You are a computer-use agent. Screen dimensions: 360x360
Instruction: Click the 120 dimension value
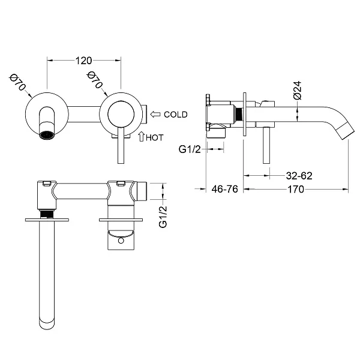click(x=84, y=61)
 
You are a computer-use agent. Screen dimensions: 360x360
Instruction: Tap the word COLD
click(x=175, y=115)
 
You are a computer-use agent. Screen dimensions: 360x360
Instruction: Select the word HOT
click(x=157, y=137)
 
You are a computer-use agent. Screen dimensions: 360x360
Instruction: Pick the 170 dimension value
click(x=294, y=190)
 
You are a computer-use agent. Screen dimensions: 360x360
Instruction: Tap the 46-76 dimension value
click(x=225, y=190)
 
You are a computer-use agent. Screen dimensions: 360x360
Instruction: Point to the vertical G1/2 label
click(x=161, y=216)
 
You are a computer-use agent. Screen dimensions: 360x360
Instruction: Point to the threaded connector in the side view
click(x=238, y=115)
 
